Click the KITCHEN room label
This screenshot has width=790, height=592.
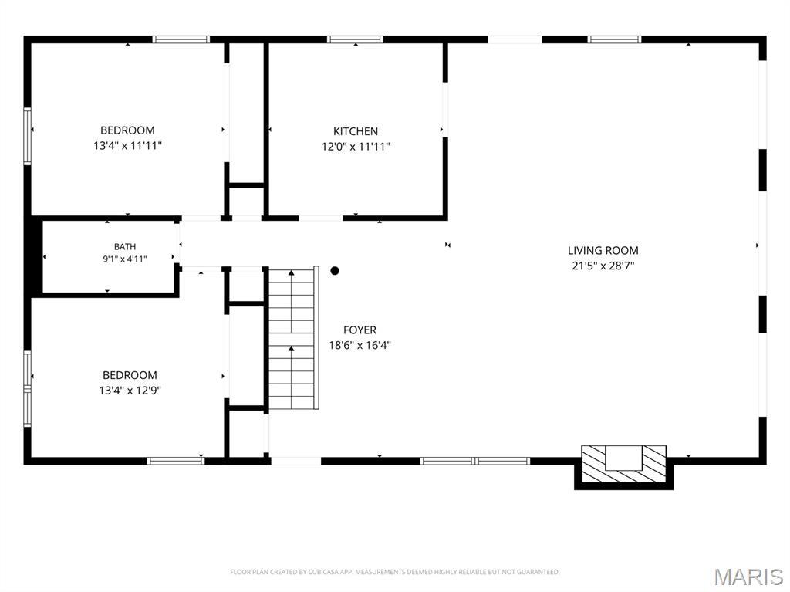click(x=355, y=131)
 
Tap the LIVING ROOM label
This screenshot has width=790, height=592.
click(x=603, y=251)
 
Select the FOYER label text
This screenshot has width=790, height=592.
click(x=360, y=330)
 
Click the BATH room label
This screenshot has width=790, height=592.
click(x=125, y=246)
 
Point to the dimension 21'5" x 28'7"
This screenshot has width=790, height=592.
click(x=603, y=266)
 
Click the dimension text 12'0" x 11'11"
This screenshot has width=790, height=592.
click(x=356, y=147)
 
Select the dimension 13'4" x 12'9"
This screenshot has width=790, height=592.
click(x=130, y=391)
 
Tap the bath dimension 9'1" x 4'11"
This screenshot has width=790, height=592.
click(x=125, y=259)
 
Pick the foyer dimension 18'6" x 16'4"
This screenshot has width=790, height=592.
click(x=360, y=346)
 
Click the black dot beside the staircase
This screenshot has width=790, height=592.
click(x=335, y=271)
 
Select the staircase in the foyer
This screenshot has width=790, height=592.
click(x=293, y=338)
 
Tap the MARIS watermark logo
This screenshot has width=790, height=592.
click(x=749, y=577)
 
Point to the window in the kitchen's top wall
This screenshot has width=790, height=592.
click(x=355, y=39)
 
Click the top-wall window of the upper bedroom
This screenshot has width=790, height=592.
click(x=181, y=39)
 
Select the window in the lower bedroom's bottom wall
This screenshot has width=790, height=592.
click(x=176, y=460)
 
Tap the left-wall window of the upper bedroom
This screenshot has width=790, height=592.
click(x=28, y=136)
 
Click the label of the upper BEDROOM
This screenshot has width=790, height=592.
click(x=127, y=130)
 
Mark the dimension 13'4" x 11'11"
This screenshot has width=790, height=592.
click(x=127, y=146)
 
